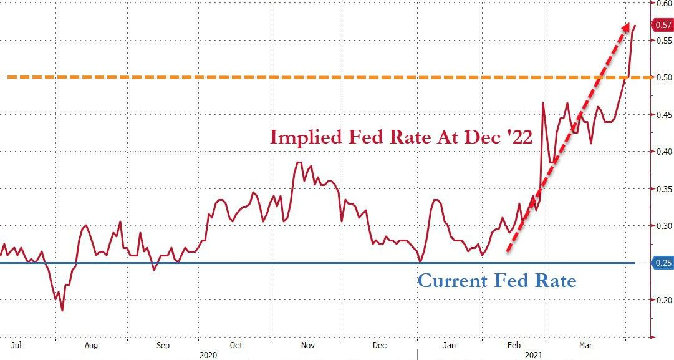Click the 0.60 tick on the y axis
pyautogui.click(x=662, y=3)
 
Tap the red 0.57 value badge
pyautogui.click(x=662, y=26)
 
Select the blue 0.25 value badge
pyautogui.click(x=662, y=263)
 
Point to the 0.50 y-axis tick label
pyautogui.click(x=663, y=77)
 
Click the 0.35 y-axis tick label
pyautogui.click(x=663, y=189)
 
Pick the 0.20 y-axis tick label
pyautogui.click(x=663, y=300)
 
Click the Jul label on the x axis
pyautogui.click(x=18, y=344)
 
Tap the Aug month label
pyautogui.click(x=91, y=344)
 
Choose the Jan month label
pyautogui.click(x=451, y=344)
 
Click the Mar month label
pyautogui.click(x=585, y=344)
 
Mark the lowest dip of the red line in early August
pyautogui.click(x=62, y=310)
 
